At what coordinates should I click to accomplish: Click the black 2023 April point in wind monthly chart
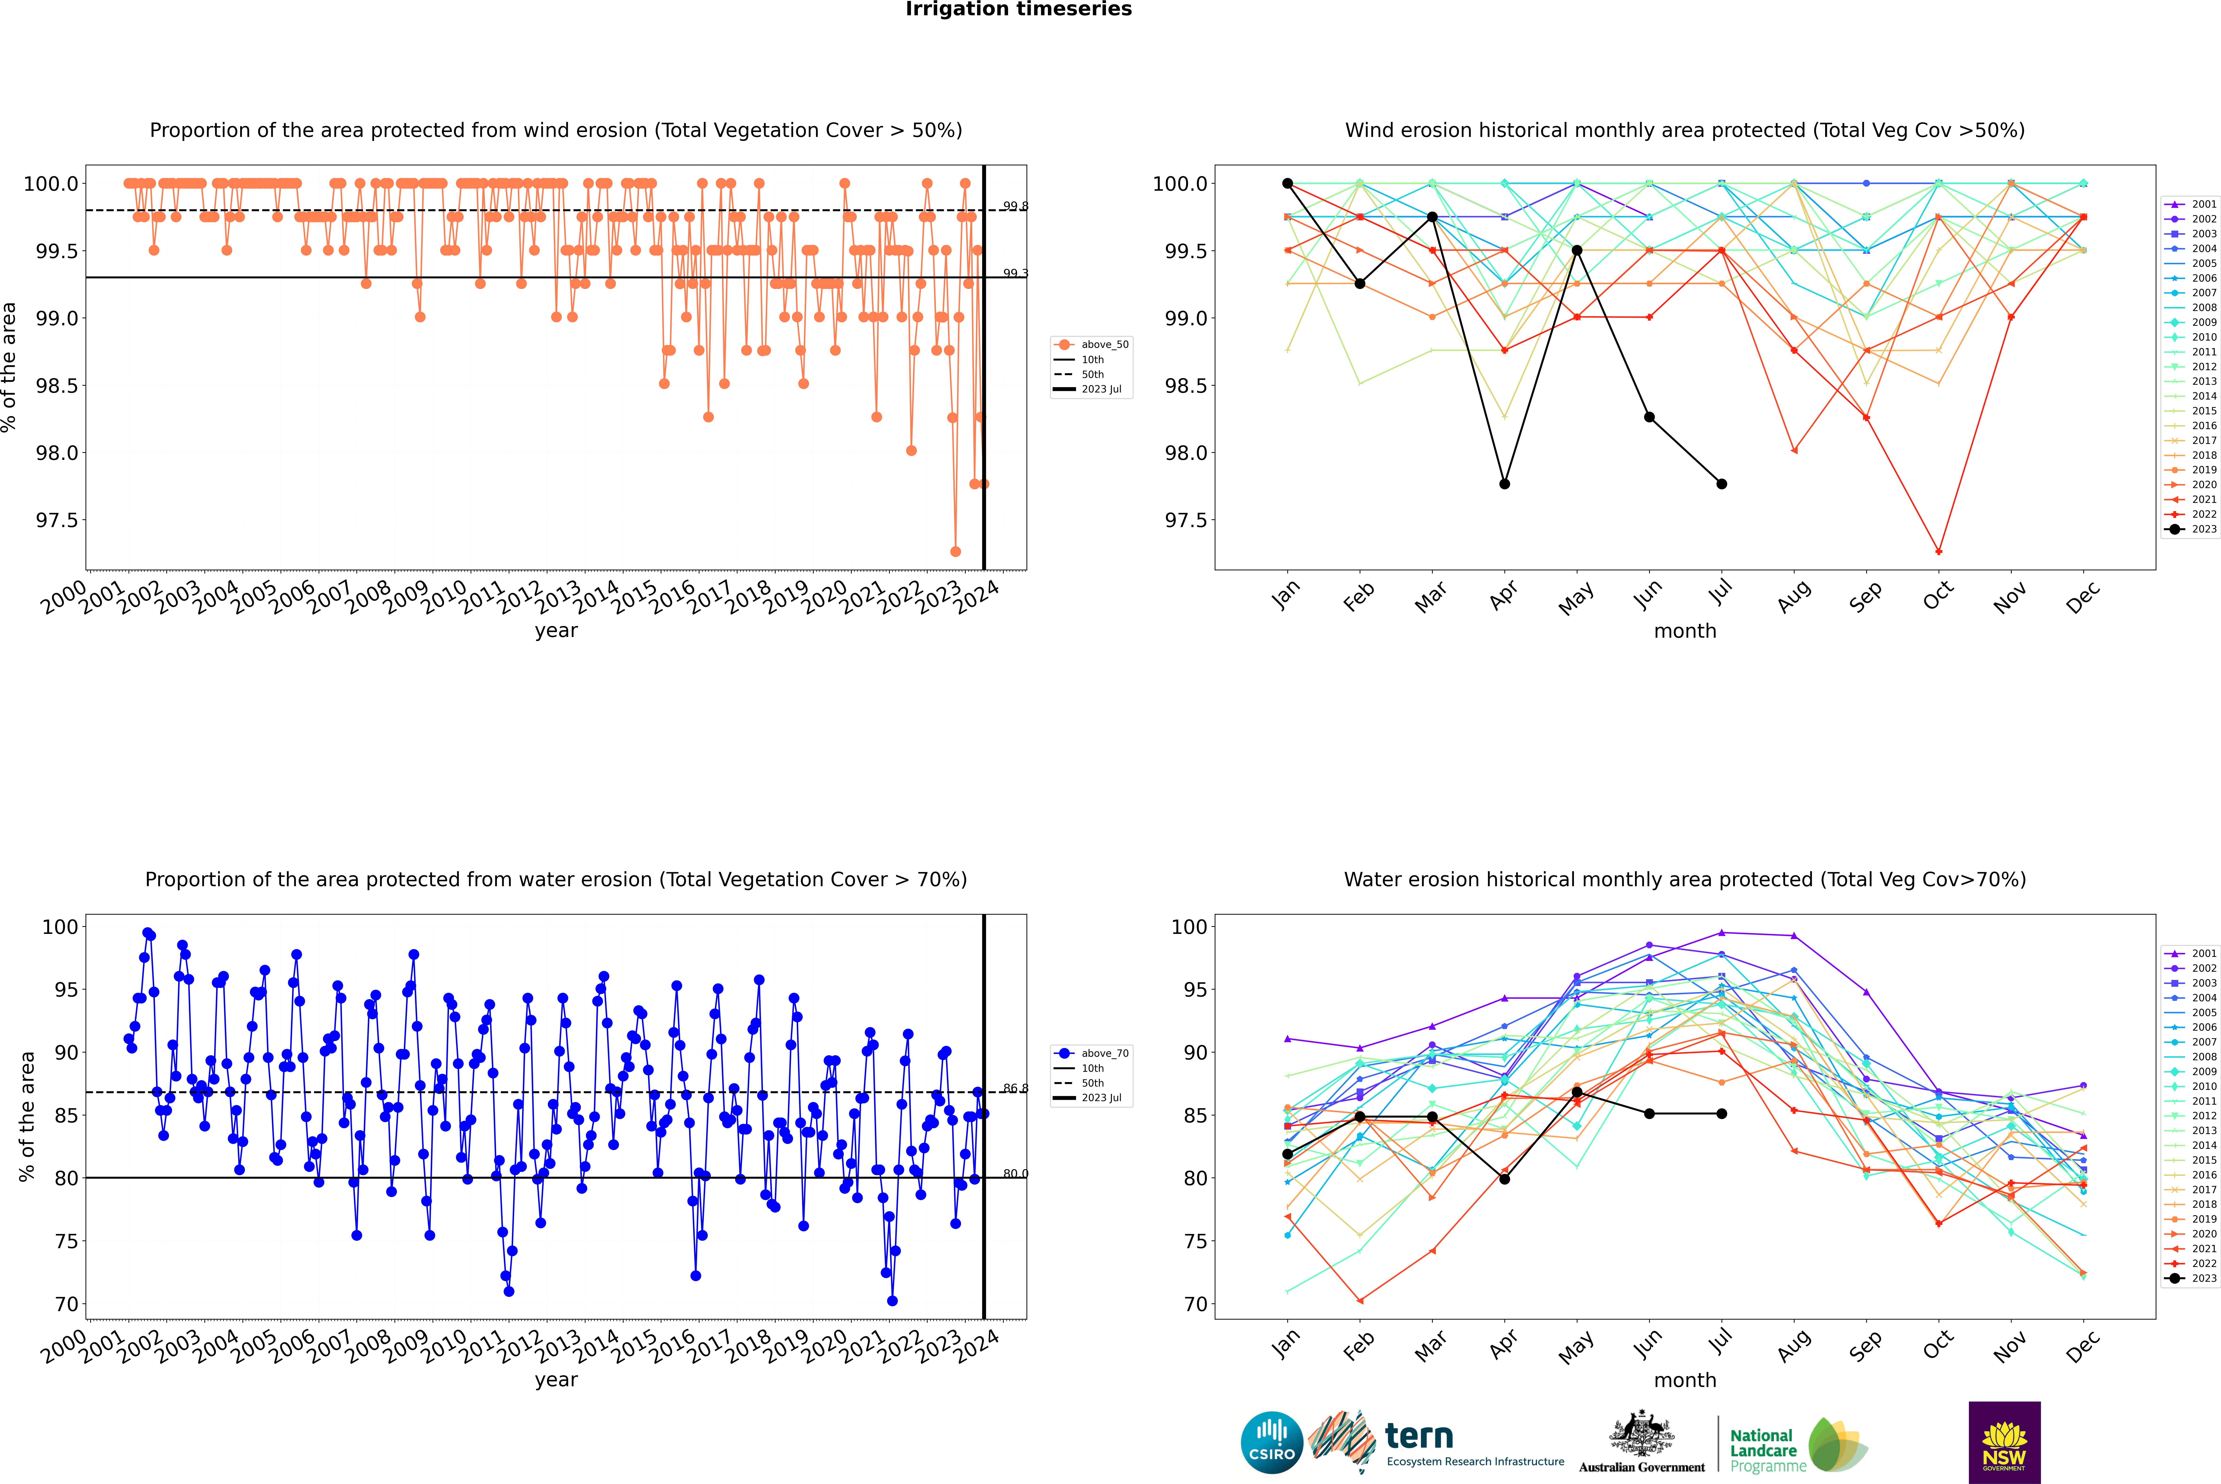coord(1504,484)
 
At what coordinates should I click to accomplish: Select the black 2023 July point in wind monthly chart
coord(1721,484)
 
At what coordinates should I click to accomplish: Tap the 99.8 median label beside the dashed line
coord(1015,206)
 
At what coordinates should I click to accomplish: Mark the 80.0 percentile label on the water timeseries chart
coord(1015,1173)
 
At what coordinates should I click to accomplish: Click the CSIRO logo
coord(1272,1442)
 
